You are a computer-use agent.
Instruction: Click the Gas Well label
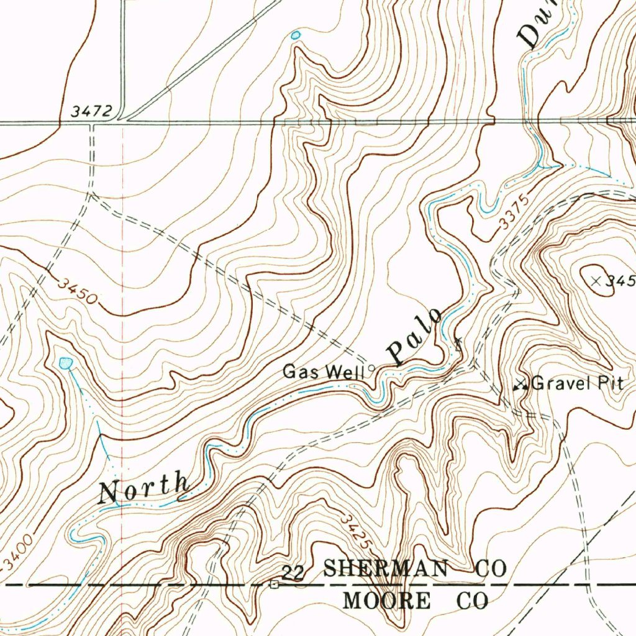tap(323, 372)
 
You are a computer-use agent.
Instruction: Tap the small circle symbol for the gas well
tap(371, 368)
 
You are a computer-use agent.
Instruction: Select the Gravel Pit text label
tap(577, 383)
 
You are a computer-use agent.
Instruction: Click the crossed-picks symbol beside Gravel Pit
tap(520, 385)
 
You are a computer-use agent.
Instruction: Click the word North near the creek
tap(145, 488)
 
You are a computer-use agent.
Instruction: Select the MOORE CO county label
tap(416, 601)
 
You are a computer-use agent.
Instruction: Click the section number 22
tap(293, 573)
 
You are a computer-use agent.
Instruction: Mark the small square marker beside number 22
tap(274, 584)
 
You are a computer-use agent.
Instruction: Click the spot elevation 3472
tap(91, 112)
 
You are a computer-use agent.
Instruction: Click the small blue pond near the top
tap(296, 35)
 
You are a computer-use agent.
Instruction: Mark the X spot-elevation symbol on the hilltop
tap(597, 281)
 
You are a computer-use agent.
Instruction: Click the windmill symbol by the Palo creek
tap(458, 343)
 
